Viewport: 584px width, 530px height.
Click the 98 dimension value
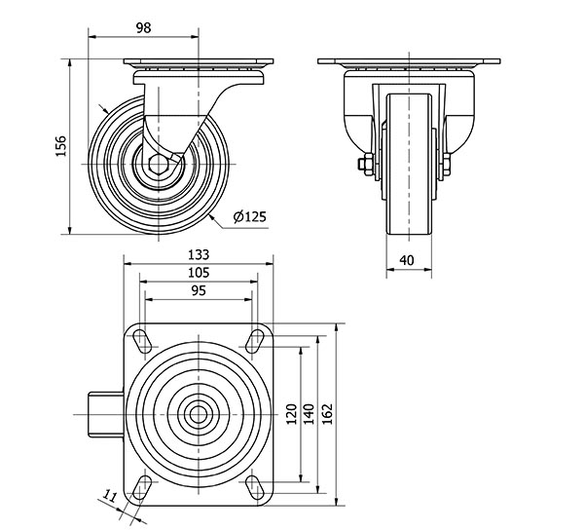tap(143, 27)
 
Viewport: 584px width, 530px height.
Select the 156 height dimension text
tap(60, 146)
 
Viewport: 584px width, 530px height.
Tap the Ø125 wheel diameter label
tap(250, 216)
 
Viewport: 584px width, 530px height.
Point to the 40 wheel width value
tap(406, 260)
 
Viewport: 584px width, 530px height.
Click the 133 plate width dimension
tap(199, 254)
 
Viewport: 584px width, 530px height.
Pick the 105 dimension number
tap(199, 273)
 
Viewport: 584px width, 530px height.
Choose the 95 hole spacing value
tap(199, 290)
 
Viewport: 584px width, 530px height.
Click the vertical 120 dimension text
tap(292, 414)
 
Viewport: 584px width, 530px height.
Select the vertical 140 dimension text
tap(310, 414)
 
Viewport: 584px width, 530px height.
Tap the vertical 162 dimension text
tap(327, 414)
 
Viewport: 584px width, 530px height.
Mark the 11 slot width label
tap(110, 497)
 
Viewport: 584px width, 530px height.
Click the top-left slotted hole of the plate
tap(142, 341)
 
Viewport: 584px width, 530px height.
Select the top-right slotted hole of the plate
tap(255, 341)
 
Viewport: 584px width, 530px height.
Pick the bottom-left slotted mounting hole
tap(142, 487)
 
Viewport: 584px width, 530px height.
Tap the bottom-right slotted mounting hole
tap(255, 487)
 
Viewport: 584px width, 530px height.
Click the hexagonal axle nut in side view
tap(159, 164)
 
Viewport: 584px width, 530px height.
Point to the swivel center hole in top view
tap(199, 414)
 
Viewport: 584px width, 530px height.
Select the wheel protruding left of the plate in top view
tap(106, 414)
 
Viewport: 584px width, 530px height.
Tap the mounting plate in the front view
tap(409, 61)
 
